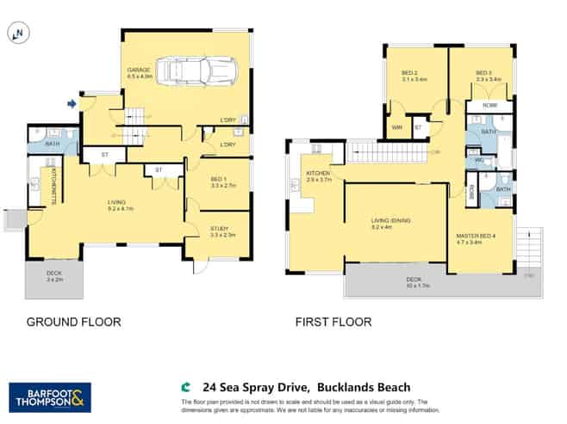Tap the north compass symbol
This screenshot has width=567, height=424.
16,34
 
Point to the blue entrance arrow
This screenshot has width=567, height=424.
72,105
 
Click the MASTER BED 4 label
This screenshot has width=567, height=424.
475,238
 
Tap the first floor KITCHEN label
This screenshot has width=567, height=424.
318,175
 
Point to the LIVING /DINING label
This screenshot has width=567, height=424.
390,224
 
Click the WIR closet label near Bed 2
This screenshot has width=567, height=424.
396,128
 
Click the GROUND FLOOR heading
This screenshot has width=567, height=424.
73,323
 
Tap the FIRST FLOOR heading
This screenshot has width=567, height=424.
333,323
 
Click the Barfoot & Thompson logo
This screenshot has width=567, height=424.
49,396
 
